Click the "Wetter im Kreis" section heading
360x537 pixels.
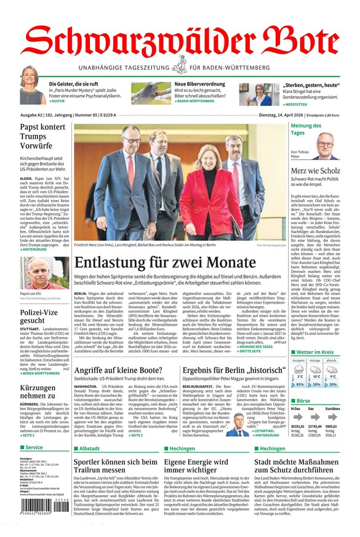coord(315,353)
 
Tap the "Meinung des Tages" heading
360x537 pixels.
coord(306,129)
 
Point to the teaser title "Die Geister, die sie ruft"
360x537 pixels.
coord(74,84)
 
